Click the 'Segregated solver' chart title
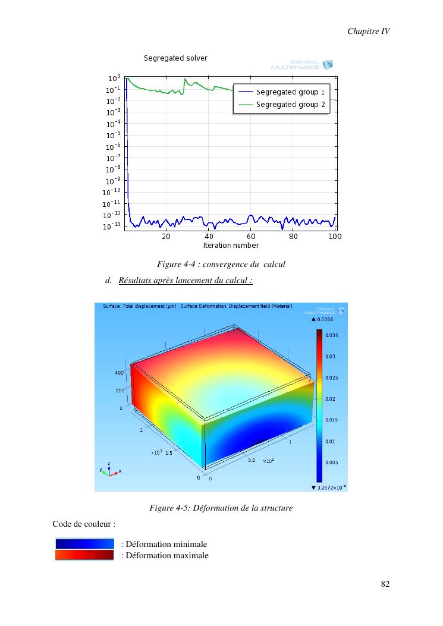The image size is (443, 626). click(175, 58)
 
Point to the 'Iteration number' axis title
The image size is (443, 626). click(231, 246)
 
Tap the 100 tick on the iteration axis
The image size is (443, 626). click(335, 236)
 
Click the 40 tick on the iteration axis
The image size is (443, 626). click(209, 236)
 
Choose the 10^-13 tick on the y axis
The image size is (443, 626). click(112, 227)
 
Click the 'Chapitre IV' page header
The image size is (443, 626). click(368, 31)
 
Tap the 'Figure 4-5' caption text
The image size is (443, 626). click(221, 508)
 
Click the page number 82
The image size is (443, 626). click(385, 584)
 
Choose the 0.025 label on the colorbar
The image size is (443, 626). click(331, 378)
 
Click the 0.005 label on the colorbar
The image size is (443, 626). click(331, 462)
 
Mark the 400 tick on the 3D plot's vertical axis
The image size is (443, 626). click(119, 373)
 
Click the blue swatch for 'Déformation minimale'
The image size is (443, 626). click(84, 544)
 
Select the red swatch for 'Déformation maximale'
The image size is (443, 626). click(84, 555)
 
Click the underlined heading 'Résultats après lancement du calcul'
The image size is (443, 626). click(186, 280)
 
